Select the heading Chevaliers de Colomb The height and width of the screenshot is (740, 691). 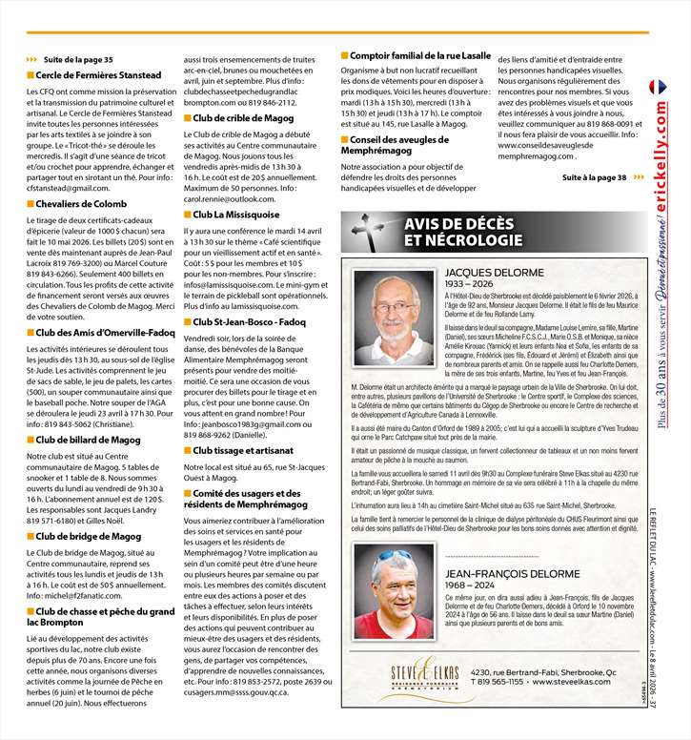click(x=81, y=203)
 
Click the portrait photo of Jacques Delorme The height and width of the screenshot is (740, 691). click(x=394, y=318)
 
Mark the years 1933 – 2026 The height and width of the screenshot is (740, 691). click(x=470, y=284)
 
